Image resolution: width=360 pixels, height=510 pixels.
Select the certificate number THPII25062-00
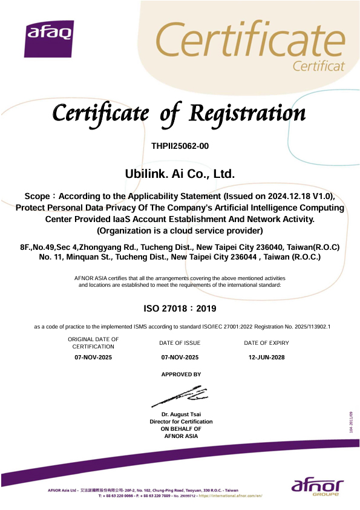click(x=180, y=146)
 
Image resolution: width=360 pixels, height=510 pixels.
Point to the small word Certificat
click(x=318, y=65)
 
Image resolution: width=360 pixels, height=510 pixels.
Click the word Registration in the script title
click(x=247, y=113)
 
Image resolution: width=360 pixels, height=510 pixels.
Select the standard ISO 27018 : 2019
click(x=180, y=309)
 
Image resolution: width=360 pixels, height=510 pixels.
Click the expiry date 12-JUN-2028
click(x=266, y=358)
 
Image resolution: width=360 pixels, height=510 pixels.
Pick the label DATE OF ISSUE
click(x=180, y=343)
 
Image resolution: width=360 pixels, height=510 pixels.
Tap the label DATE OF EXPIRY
click(x=266, y=343)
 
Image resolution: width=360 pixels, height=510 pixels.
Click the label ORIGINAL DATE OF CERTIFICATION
click(x=93, y=343)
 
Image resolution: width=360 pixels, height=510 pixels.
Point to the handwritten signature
click(x=180, y=396)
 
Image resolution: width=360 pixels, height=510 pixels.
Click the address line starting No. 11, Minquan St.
click(x=179, y=257)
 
